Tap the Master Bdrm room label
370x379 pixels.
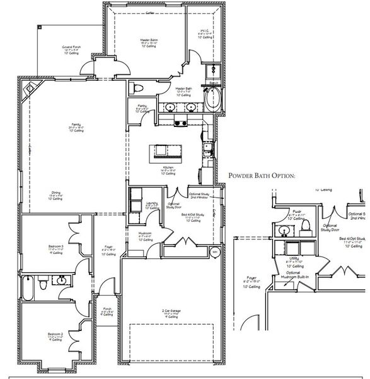pyautogui.click(x=149, y=42)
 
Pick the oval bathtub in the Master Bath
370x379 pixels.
pyautogui.click(x=214, y=99)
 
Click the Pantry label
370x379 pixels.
pyautogui.click(x=141, y=107)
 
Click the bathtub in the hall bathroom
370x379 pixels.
pyautogui.click(x=28, y=288)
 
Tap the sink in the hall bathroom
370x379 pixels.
pyautogui.click(x=62, y=279)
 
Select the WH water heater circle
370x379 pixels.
pyautogui.click(x=214, y=253)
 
